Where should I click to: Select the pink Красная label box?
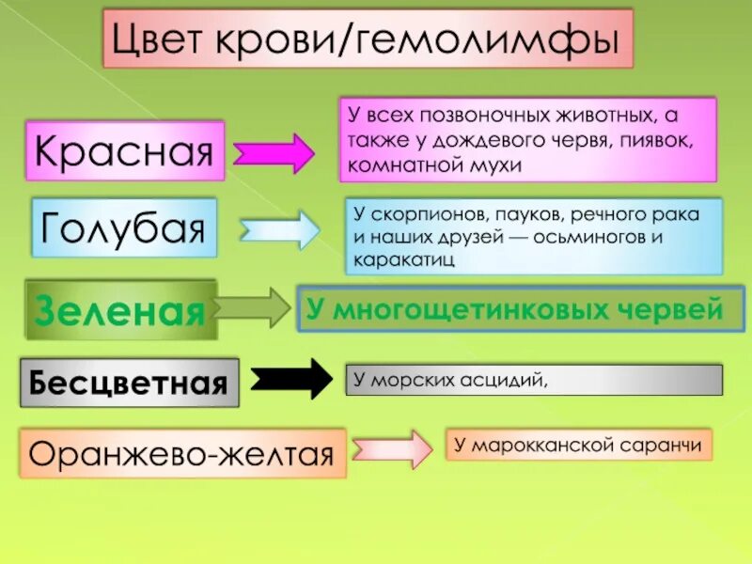124,149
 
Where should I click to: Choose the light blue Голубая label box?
124,227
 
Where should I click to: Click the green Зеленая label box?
119,309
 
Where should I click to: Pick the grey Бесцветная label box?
129,382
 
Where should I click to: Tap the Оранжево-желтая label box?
182,455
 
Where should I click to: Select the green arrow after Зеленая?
251,307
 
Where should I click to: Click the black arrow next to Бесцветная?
291,379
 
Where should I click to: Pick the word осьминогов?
591,237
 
